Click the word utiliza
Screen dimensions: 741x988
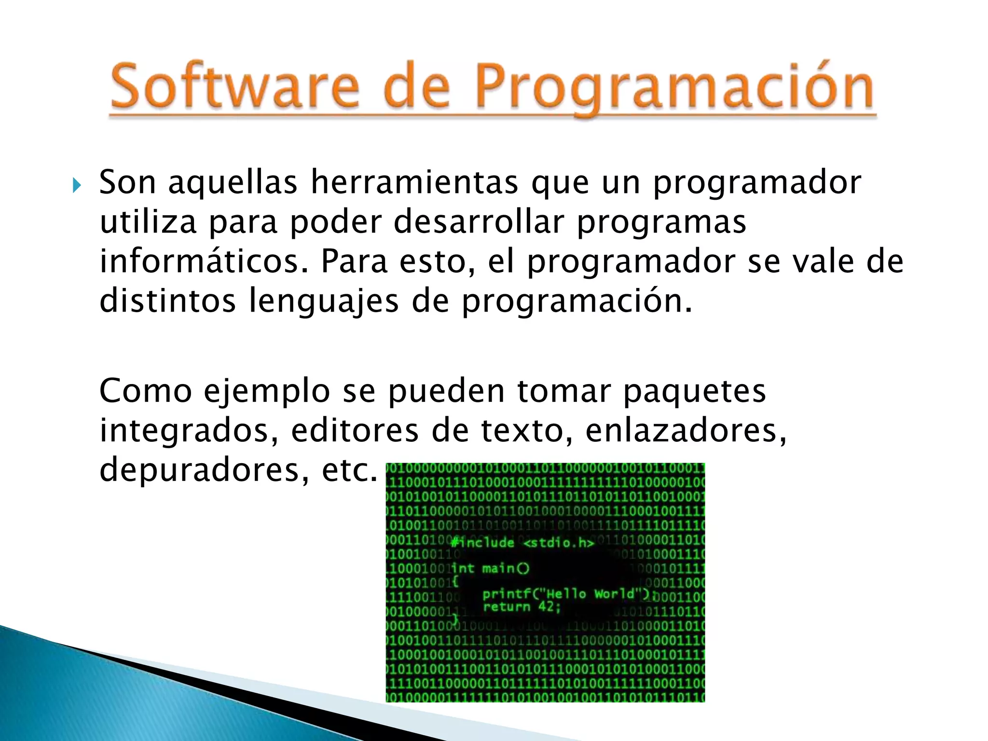[148, 222]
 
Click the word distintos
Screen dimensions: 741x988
[168, 301]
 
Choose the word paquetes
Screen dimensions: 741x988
[695, 391]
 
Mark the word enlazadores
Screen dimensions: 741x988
[686, 430]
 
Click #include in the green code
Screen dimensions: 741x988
[482, 543]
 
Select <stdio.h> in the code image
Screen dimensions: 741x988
[559, 543]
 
